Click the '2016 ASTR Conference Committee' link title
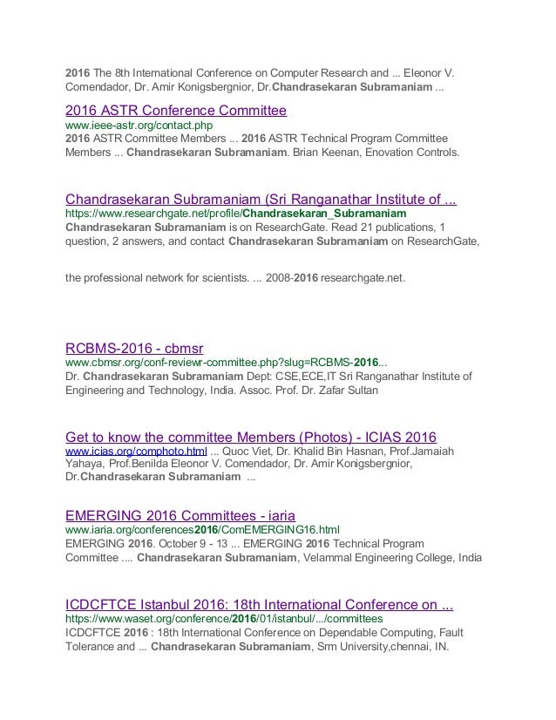176,111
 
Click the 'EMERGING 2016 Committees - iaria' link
186,514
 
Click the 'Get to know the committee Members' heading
251,437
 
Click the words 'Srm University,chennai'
388,647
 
